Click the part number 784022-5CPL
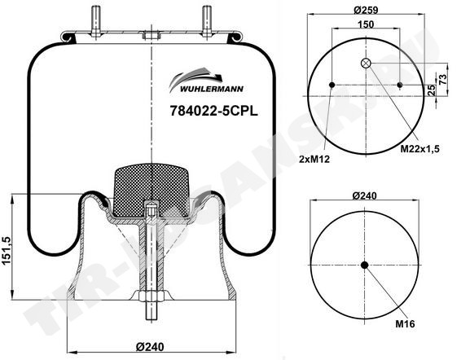coord(213,112)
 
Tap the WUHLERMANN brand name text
coord(212,89)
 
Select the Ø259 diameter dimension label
coord(366,10)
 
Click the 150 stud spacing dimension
coord(366,24)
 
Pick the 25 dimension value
coord(432,90)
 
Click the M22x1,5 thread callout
coord(420,149)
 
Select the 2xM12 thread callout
coord(314,159)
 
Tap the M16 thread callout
coord(405,323)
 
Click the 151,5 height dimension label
coord(7,251)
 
